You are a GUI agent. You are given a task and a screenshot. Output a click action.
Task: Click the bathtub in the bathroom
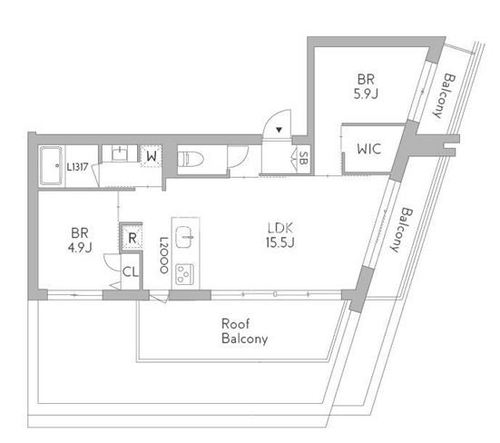[x=51, y=166]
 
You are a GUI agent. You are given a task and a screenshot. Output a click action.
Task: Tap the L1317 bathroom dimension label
[x=77, y=167]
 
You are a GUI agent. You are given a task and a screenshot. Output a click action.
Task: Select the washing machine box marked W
[x=152, y=156]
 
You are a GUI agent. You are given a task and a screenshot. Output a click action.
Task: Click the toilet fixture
[x=191, y=159]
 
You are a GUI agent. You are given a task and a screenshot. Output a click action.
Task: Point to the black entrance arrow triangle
[x=279, y=130]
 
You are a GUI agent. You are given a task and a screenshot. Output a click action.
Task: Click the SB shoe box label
[x=304, y=158]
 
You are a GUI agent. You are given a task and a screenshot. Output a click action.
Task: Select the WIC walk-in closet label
[x=369, y=149]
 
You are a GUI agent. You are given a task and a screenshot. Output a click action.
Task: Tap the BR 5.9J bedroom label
[x=366, y=86]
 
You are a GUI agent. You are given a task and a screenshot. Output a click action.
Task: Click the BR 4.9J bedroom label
[x=80, y=240]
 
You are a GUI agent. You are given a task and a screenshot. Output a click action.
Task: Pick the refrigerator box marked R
[x=132, y=237]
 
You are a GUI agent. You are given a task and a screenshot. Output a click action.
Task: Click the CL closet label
[x=131, y=272]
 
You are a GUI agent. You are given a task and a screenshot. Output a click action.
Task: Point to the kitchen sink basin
[x=184, y=237]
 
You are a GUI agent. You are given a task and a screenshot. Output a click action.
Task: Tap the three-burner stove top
[x=184, y=274]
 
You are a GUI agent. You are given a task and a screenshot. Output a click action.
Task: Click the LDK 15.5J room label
[x=280, y=235]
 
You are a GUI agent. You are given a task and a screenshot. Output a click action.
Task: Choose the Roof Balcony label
[x=245, y=331]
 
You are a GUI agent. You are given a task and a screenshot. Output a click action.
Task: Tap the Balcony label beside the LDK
[x=401, y=230]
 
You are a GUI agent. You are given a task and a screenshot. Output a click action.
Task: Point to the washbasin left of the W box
[x=120, y=153]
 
